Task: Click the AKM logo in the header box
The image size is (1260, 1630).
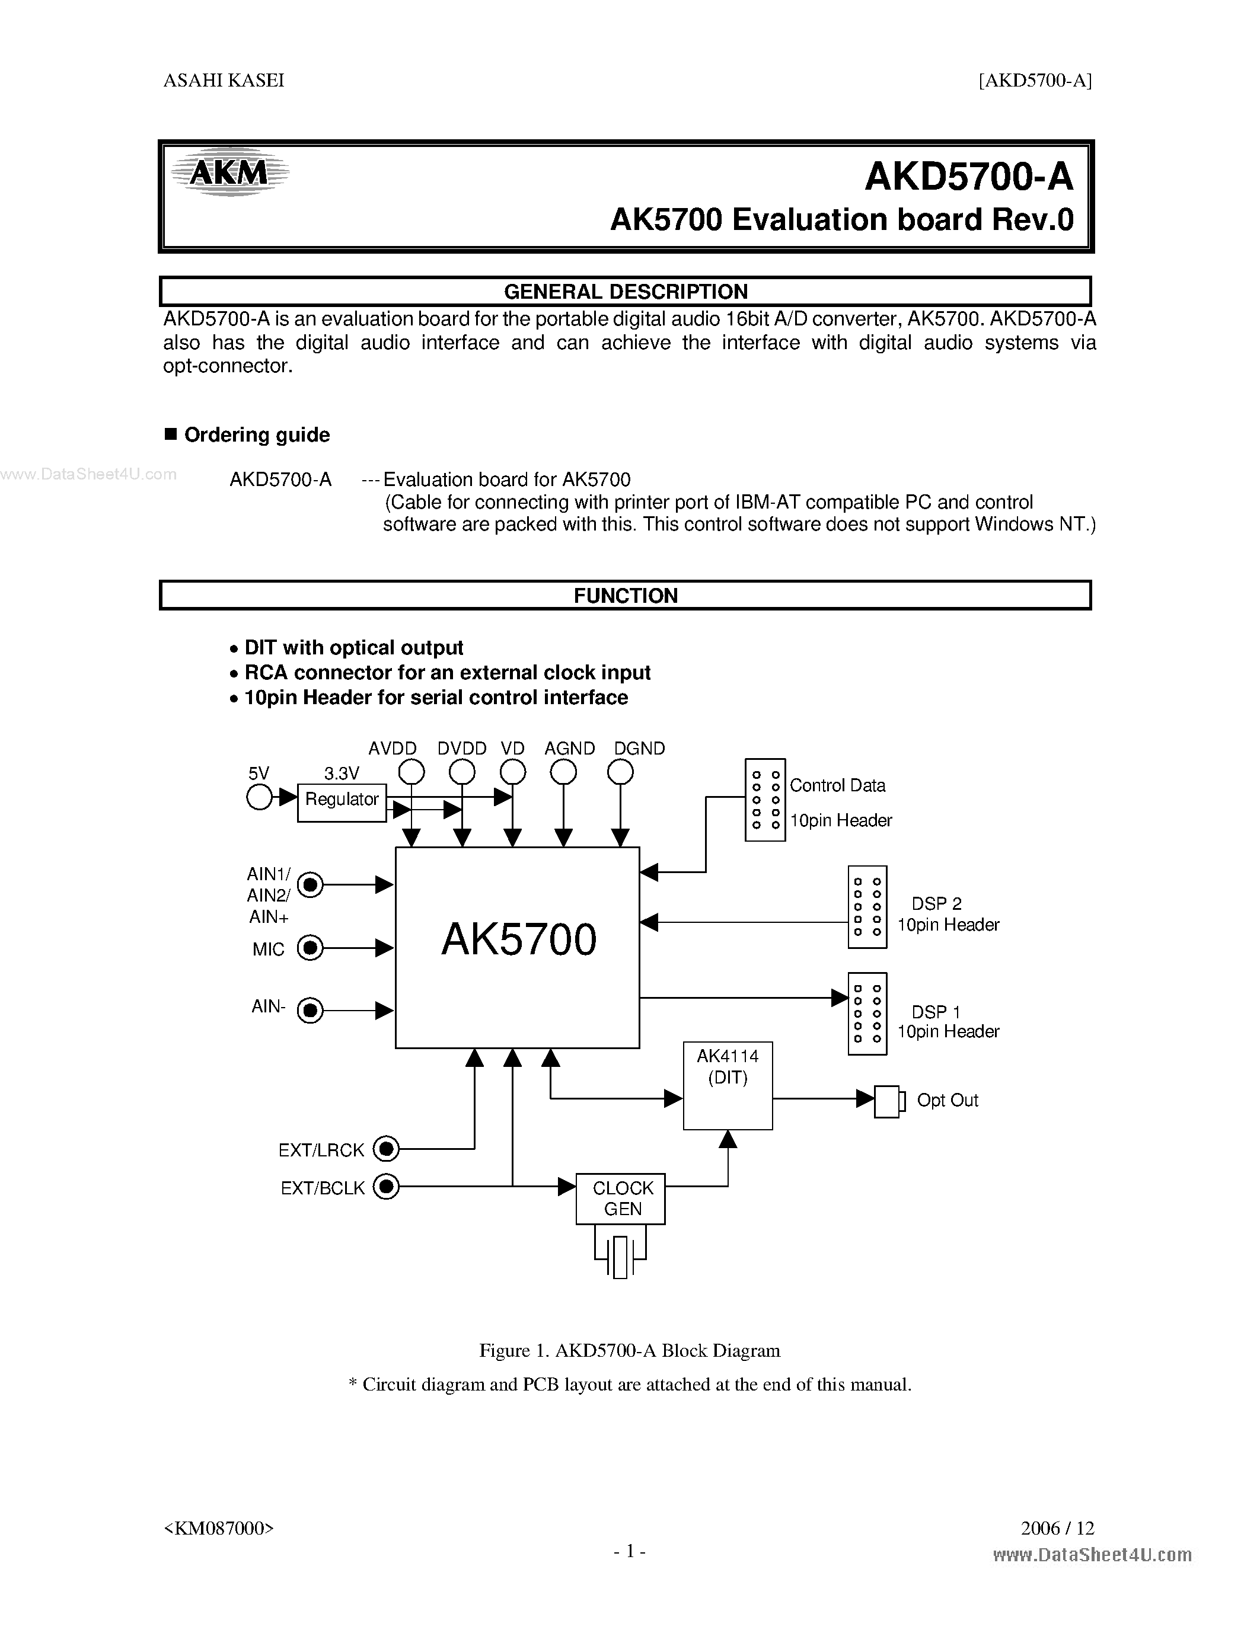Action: (229, 173)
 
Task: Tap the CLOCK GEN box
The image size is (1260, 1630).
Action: (620, 1198)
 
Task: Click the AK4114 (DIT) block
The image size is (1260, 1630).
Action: (728, 1085)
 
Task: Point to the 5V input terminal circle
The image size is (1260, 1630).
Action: (259, 797)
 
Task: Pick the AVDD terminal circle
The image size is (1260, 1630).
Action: (412, 772)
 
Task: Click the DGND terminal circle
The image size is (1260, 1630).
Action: (620, 772)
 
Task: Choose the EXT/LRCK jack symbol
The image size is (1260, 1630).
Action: (386, 1149)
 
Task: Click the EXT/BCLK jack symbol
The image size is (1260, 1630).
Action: (386, 1186)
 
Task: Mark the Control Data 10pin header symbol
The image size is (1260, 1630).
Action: (765, 800)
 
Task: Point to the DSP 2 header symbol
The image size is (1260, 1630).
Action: (867, 907)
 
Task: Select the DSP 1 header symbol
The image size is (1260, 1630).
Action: (867, 1014)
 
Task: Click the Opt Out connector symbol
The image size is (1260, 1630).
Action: (888, 1101)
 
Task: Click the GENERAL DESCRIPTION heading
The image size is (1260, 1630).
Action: (626, 291)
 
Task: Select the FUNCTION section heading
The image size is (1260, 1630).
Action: (626, 596)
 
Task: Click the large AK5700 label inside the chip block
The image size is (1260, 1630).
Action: (519, 939)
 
